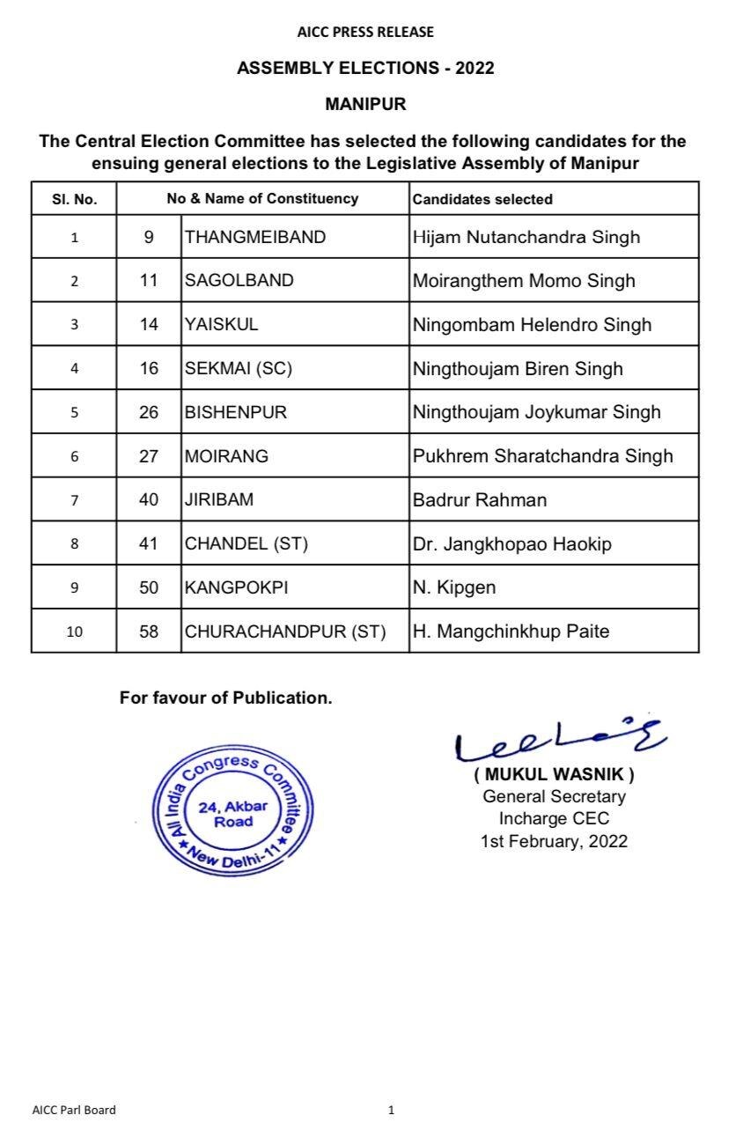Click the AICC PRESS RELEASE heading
(365, 33)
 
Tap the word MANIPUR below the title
(365, 104)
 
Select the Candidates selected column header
(482, 199)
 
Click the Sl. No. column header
(74, 199)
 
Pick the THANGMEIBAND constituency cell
(255, 237)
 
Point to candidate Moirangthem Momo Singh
(524, 281)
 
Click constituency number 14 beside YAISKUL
(149, 324)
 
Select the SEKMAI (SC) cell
(238, 368)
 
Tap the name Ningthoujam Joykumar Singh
(536, 412)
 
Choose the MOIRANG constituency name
(227, 456)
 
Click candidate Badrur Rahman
(480, 500)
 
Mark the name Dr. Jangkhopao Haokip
(512, 544)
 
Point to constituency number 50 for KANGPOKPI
(149, 587)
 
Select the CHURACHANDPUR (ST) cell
(285, 631)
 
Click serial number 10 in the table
(74, 631)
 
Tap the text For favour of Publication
(226, 698)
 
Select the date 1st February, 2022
(554, 841)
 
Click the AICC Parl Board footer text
(74, 1110)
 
